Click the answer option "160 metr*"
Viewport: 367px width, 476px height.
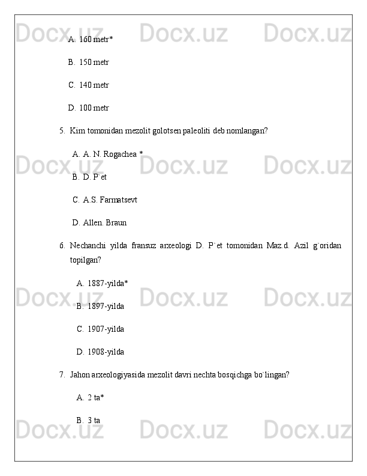tap(96, 40)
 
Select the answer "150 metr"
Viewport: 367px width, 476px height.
tap(94, 63)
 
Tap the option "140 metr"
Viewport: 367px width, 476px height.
tap(94, 85)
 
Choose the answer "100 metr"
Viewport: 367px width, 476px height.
tap(94, 108)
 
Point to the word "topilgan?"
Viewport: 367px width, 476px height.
tap(85, 260)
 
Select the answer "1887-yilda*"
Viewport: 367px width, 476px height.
tap(107, 283)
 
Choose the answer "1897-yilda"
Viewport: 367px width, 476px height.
tap(106, 307)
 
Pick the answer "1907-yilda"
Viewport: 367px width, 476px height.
tap(106, 329)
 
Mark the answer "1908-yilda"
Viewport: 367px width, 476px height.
tap(106, 352)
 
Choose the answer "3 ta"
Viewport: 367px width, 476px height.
tap(94, 420)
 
